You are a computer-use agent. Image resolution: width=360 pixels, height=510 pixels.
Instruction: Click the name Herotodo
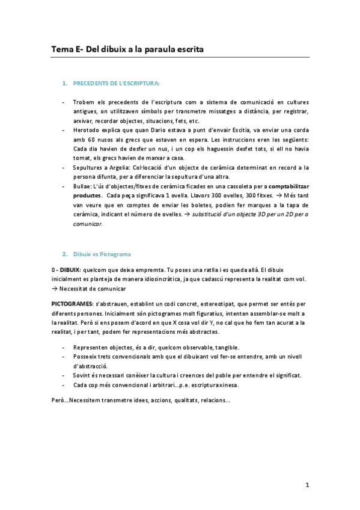click(87, 129)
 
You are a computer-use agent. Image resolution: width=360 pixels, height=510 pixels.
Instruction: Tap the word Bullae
click(83, 186)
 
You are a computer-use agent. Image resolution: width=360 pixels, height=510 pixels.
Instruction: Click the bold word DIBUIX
click(67, 269)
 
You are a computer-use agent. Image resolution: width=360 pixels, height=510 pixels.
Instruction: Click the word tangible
click(222, 347)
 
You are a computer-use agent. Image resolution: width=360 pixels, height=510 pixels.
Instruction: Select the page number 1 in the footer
click(307, 485)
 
